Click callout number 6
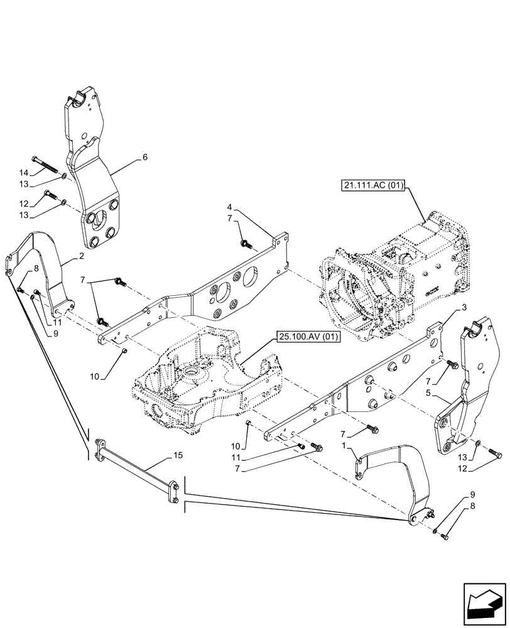coord(145,157)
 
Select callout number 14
coord(24,173)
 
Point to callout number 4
coord(230,207)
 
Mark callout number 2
coord(82,257)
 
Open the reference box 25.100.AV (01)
coord(307,338)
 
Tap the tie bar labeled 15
coord(135,467)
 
